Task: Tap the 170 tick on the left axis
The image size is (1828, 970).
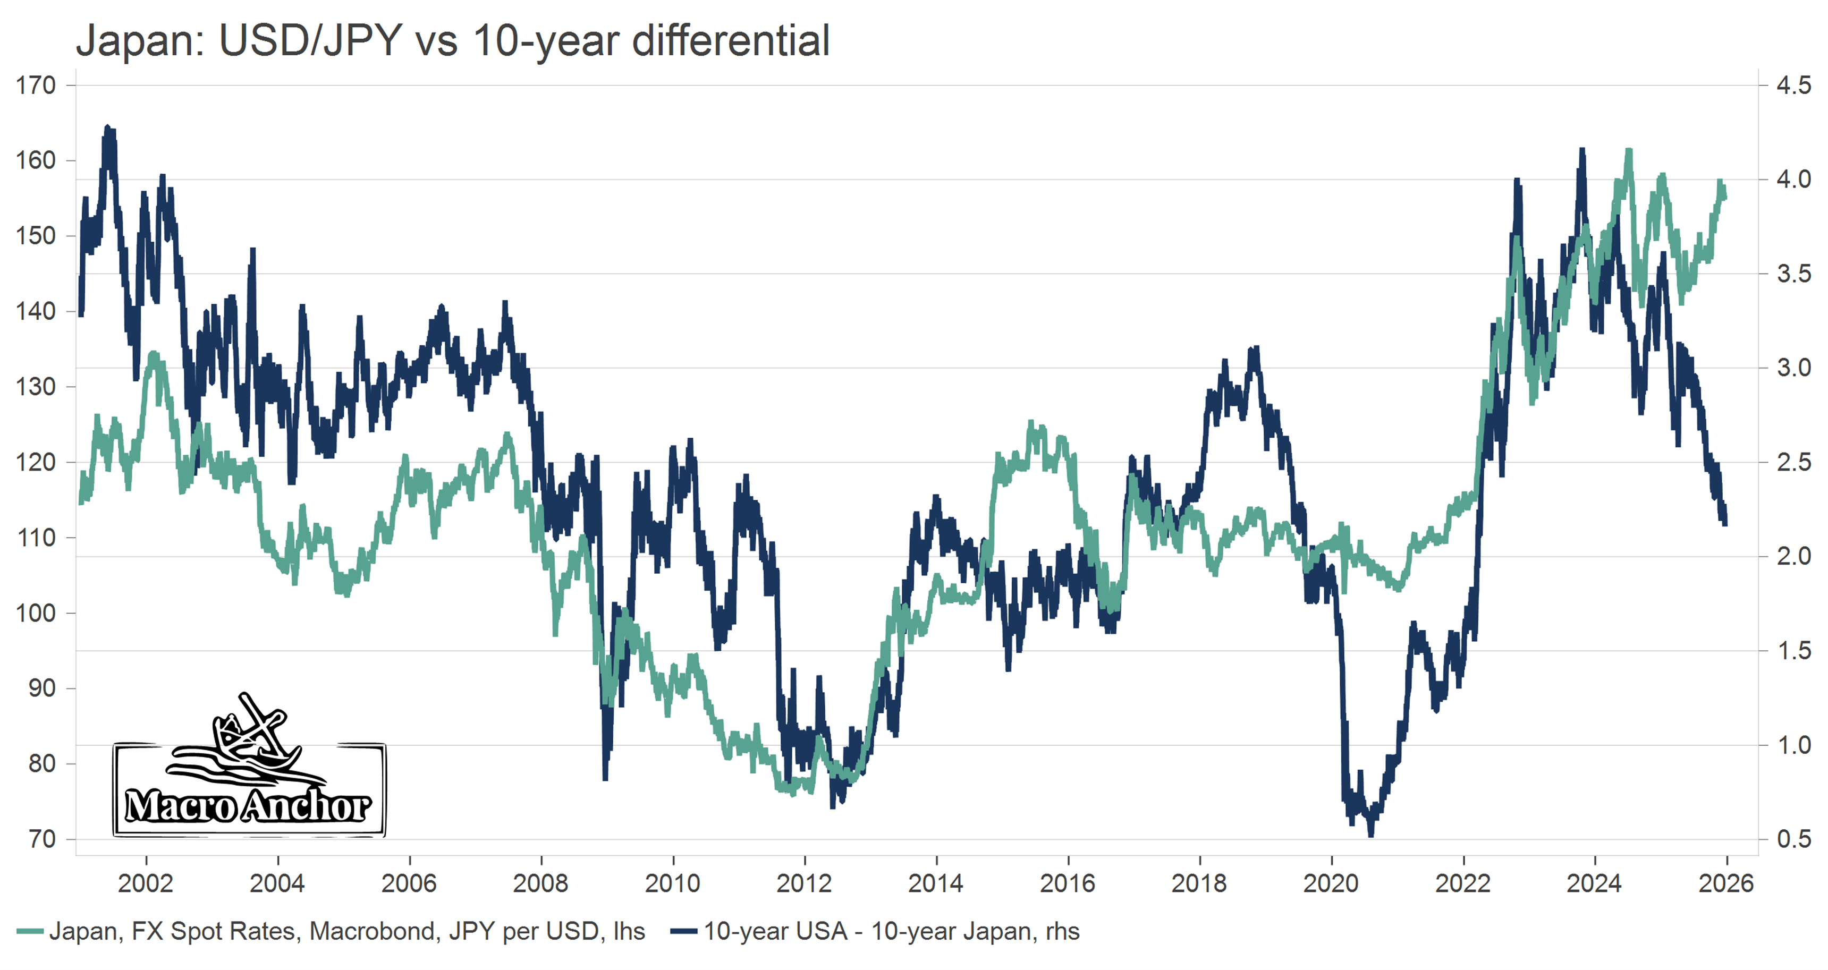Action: (36, 86)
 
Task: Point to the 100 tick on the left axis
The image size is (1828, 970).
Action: (36, 612)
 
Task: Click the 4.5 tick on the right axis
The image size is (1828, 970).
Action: (1793, 86)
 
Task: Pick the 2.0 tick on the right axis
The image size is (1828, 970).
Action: (1793, 556)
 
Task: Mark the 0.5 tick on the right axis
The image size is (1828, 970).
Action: (1793, 839)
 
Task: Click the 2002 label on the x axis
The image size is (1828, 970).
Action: (146, 883)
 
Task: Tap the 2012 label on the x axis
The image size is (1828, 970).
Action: (804, 883)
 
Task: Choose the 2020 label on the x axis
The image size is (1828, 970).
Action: (1331, 883)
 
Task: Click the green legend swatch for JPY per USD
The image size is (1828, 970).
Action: (30, 931)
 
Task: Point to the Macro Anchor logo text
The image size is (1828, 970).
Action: (248, 806)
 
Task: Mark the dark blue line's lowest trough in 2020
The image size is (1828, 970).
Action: (1370, 835)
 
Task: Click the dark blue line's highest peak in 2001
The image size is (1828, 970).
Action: (108, 127)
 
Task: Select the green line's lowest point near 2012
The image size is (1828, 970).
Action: (793, 793)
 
